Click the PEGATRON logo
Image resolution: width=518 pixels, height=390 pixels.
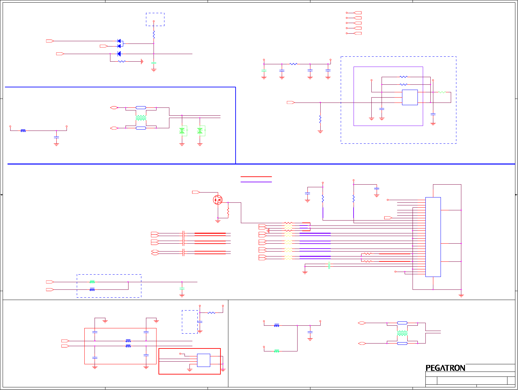pyautogui.click(x=445, y=368)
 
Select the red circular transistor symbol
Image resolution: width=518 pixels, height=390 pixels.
pyautogui.click(x=217, y=199)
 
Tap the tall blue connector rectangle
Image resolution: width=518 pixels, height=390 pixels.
pyautogui.click(x=433, y=237)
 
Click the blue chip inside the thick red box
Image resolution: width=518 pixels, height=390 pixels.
pyautogui.click(x=203, y=360)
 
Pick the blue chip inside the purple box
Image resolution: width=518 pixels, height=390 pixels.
pyautogui.click(x=410, y=97)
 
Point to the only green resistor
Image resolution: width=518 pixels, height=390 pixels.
pyautogui.click(x=442, y=92)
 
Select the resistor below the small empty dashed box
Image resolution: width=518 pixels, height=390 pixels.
pyautogui.click(x=154, y=35)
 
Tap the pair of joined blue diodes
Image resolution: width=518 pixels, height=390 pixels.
pyautogui.click(x=119, y=44)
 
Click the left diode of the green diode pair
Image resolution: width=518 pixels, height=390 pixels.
pyautogui.click(x=182, y=131)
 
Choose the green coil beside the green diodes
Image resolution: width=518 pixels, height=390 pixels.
pyautogui.click(x=141, y=118)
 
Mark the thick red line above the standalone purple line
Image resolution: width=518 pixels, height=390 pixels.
pyautogui.click(x=256, y=177)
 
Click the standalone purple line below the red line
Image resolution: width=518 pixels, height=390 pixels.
pyautogui.click(x=256, y=182)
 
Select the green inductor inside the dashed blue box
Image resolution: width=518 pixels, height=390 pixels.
pyautogui.click(x=92, y=282)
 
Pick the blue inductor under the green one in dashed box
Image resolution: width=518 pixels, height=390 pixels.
pyautogui.click(x=92, y=289)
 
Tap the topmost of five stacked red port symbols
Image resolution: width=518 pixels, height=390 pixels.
pyautogui.click(x=357, y=13)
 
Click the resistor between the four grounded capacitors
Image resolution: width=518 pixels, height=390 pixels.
pyautogui.click(x=293, y=64)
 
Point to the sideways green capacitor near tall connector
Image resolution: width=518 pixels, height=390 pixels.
pyautogui.click(x=329, y=265)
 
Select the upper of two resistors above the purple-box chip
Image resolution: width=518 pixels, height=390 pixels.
pyautogui.click(x=403, y=77)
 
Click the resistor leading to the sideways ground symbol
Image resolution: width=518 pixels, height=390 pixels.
pyautogui.click(x=122, y=61)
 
